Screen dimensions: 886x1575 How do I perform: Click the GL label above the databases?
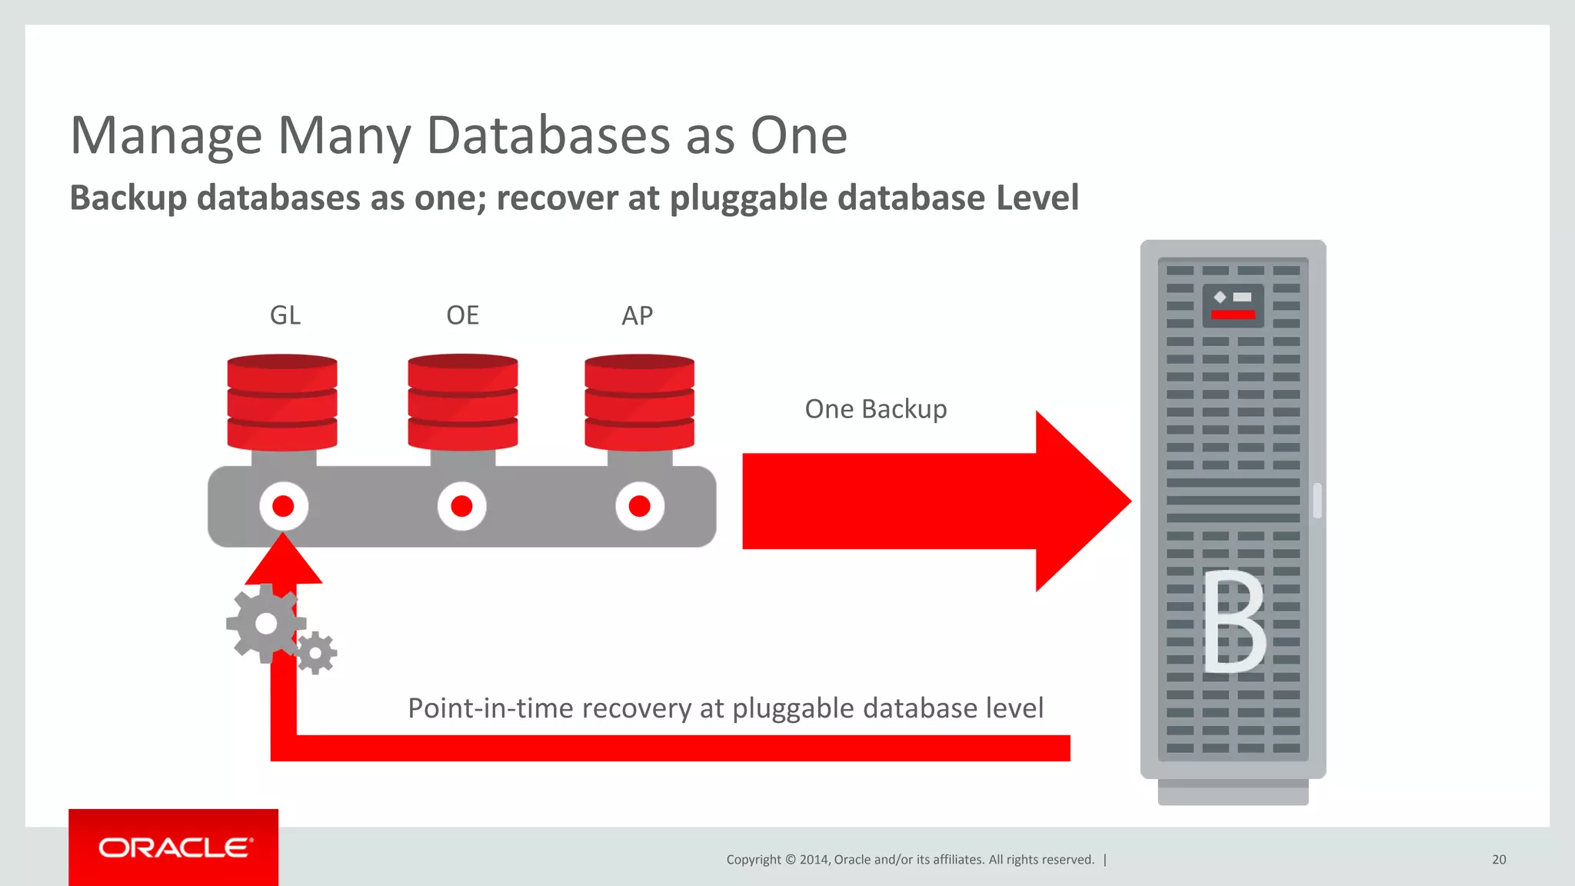285,315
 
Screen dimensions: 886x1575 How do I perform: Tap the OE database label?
462,315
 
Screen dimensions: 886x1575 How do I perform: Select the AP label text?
638,315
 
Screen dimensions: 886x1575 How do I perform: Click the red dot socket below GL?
283,506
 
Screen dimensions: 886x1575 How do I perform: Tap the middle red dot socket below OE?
461,506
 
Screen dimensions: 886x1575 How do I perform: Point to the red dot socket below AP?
639,506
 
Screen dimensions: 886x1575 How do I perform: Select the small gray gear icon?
315,654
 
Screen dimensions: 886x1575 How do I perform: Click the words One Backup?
875,409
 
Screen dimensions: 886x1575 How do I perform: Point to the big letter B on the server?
1233,621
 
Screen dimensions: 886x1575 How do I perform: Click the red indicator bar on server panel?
1233,315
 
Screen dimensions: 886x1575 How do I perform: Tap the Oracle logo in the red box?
175,848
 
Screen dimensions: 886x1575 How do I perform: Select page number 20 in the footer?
1498,860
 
